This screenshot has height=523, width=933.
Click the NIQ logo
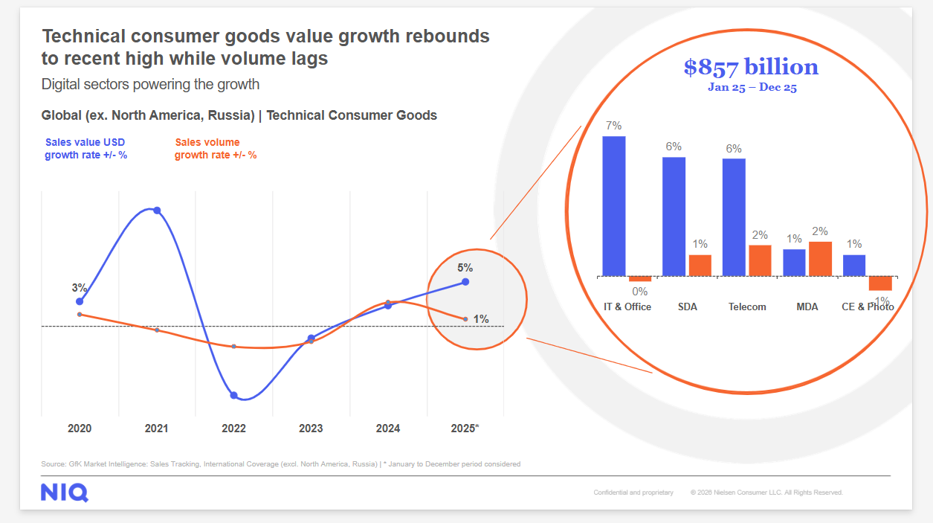65,492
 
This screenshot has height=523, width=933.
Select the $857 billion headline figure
751,67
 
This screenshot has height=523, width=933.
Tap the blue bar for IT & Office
613,206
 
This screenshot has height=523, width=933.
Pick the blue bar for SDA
674,216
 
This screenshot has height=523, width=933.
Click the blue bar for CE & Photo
854,266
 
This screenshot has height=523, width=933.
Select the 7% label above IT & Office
613,126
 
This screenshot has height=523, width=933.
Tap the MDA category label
807,307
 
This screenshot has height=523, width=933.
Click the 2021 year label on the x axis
156,429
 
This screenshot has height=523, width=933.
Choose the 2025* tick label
465,429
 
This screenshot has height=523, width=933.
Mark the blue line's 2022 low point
233,395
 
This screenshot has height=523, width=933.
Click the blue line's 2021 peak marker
157,211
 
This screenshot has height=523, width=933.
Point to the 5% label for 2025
465,268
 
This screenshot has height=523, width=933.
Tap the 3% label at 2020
80,288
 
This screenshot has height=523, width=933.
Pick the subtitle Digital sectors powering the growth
150,84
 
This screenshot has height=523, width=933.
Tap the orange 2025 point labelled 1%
465,319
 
